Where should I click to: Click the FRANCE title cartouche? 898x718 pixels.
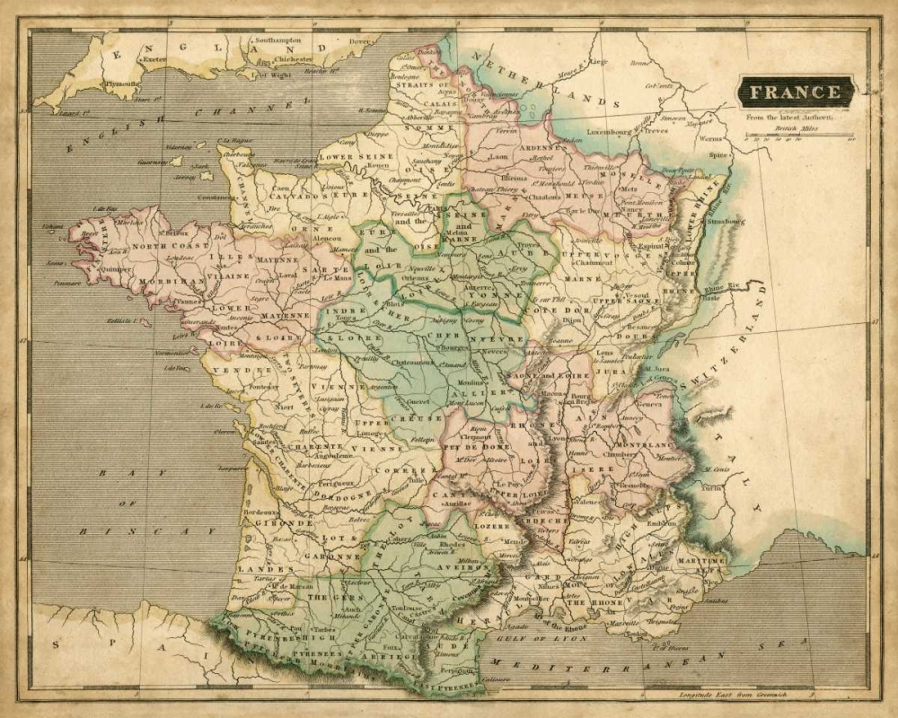[796, 92]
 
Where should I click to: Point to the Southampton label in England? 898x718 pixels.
[278, 41]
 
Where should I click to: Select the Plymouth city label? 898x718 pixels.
[120, 83]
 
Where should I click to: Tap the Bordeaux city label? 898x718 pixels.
[260, 512]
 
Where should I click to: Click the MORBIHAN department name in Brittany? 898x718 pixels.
[160, 281]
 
